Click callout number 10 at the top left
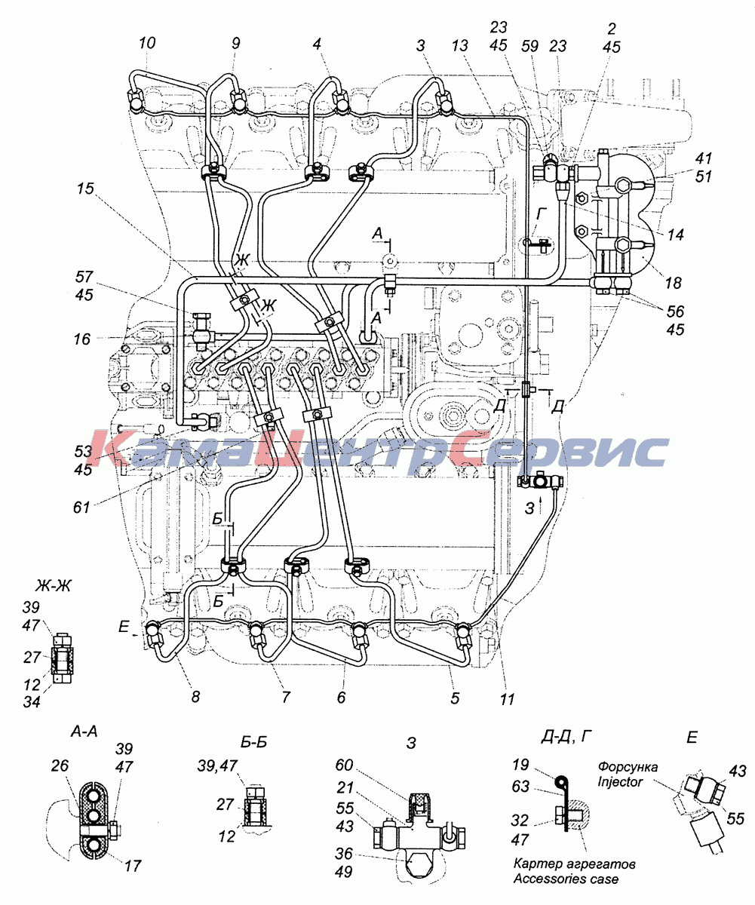pyautogui.click(x=147, y=43)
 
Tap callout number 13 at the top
pyautogui.click(x=459, y=45)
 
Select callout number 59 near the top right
pyautogui.click(x=529, y=45)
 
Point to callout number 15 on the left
pyautogui.click(x=85, y=189)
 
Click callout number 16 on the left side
pyautogui.click(x=82, y=339)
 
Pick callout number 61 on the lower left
pyautogui.click(x=81, y=507)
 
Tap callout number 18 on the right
pyautogui.click(x=673, y=283)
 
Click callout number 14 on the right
pyautogui.click(x=675, y=235)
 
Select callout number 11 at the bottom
pyautogui.click(x=507, y=699)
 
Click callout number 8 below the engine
pyautogui.click(x=195, y=697)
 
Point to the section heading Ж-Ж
pyautogui.click(x=53, y=587)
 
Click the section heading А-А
pyautogui.click(x=84, y=732)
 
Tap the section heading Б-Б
pyautogui.click(x=253, y=742)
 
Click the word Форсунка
pyautogui.click(x=628, y=767)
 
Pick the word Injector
pyautogui.click(x=620, y=782)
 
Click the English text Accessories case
pyautogui.click(x=566, y=879)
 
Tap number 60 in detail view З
pyautogui.click(x=344, y=765)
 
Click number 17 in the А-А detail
pyautogui.click(x=133, y=866)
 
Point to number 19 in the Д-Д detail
pyautogui.click(x=520, y=765)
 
